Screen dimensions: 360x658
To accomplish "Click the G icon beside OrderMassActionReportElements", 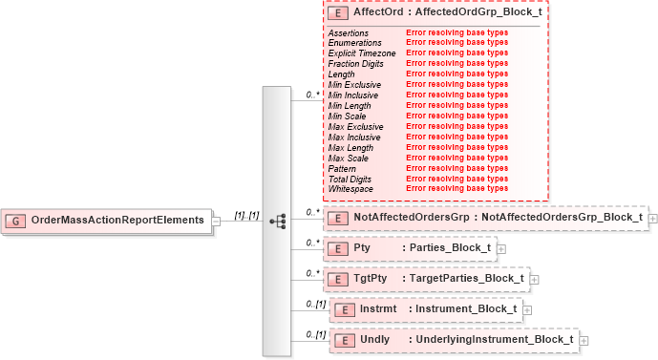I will point(16,221).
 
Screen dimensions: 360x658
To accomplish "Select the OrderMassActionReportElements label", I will point(117,221).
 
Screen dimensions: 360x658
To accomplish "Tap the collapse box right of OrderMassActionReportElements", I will point(217,221).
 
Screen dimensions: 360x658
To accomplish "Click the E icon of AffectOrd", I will point(336,15).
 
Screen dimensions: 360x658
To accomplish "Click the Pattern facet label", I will point(341,169).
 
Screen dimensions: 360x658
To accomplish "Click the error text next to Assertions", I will point(456,32).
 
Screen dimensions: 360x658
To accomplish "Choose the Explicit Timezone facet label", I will point(361,53).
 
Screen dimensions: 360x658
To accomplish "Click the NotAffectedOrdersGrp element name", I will point(412,218).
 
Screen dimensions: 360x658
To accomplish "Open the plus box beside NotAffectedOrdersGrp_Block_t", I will point(653,218).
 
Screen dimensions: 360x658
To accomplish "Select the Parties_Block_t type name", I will point(450,248).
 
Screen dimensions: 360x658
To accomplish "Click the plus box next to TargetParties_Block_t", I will point(535,279).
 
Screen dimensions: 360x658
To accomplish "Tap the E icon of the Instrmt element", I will point(341,309).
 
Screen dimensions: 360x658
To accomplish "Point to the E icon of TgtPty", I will point(336,279).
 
